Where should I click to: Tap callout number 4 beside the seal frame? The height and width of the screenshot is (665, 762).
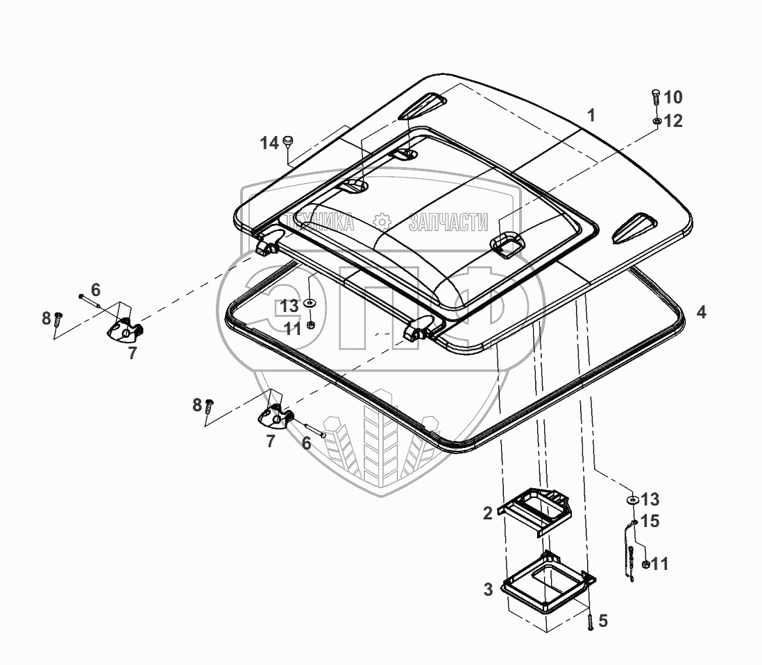(702, 312)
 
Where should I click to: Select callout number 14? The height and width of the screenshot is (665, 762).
(269, 144)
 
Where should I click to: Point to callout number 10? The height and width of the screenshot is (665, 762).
(673, 96)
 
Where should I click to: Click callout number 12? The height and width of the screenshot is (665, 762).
(673, 121)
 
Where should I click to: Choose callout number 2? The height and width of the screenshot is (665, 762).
(487, 513)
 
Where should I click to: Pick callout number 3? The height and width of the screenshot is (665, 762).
(488, 589)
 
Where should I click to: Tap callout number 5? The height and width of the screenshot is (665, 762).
(603, 621)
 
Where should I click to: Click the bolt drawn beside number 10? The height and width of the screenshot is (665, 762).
(656, 97)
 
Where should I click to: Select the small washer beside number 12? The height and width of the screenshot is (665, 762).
(656, 121)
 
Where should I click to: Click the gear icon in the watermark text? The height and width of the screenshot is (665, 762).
(381, 222)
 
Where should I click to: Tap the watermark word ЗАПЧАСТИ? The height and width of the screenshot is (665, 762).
(448, 223)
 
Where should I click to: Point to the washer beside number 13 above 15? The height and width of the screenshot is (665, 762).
(632, 499)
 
